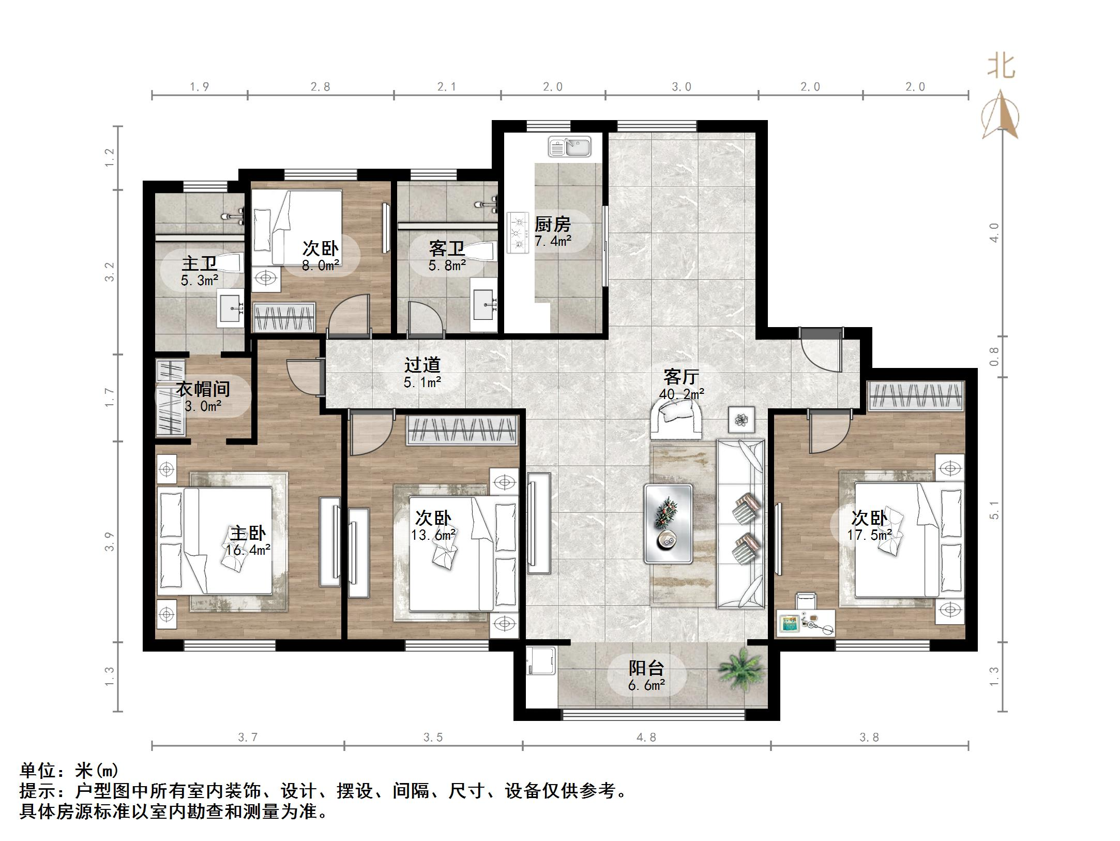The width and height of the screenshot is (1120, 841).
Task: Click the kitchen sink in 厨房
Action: coord(569,146)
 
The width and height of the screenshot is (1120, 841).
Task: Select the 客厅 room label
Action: coord(681,376)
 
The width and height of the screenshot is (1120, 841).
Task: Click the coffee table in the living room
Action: coord(668,524)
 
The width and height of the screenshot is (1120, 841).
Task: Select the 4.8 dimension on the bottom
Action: coord(646,737)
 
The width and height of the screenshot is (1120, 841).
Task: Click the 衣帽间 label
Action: coord(203,389)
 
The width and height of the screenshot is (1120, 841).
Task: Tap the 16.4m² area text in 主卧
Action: coord(248,550)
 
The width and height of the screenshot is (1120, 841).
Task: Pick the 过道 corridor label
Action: coord(422,365)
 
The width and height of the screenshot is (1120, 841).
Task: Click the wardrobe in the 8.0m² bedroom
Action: coord(283,317)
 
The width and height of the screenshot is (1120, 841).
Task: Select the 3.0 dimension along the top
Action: coord(681,87)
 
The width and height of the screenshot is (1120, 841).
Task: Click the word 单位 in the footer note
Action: coord(38,770)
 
